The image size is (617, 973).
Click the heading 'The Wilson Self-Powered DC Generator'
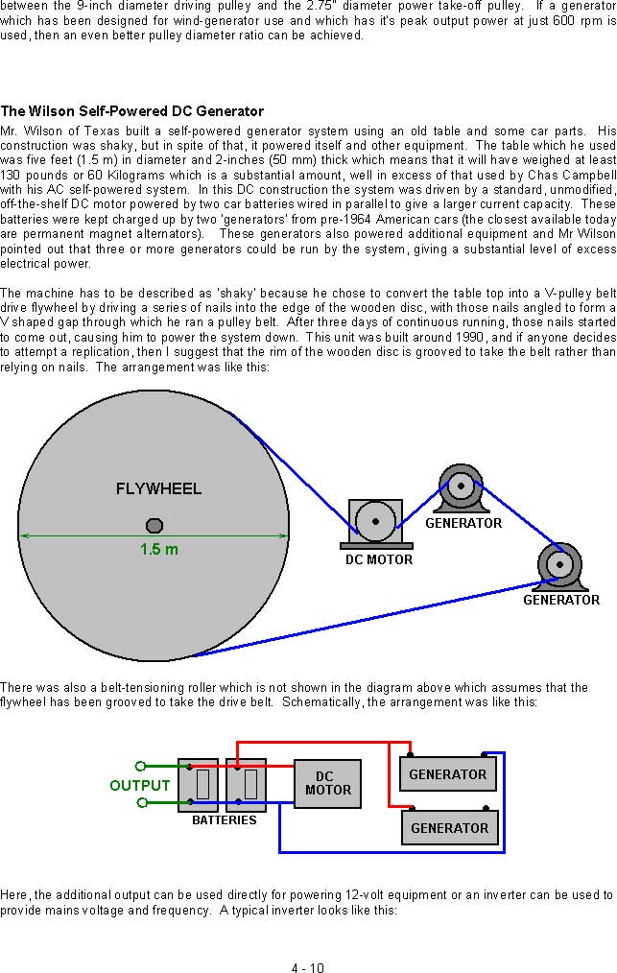(x=132, y=111)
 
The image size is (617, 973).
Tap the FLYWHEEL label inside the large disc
(x=159, y=489)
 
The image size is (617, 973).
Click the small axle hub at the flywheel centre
(x=154, y=526)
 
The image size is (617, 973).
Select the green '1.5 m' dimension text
(x=159, y=549)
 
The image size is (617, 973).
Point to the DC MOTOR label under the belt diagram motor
(x=379, y=559)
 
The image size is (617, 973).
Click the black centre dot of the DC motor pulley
(x=375, y=521)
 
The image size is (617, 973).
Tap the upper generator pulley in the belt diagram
(x=461, y=486)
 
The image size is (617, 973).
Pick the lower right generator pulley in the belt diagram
(x=559, y=564)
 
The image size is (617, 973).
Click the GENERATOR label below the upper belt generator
(x=463, y=523)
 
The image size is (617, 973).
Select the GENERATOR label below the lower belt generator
(x=561, y=600)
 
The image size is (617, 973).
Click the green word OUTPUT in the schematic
(x=140, y=786)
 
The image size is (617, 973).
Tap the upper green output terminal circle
(x=141, y=767)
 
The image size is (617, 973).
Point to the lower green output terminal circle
(x=141, y=803)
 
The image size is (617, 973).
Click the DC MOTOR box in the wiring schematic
(x=327, y=784)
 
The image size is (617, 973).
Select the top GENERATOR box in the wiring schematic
(x=447, y=773)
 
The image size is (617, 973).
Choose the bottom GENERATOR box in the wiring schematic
(x=449, y=827)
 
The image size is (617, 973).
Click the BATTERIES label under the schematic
(x=225, y=820)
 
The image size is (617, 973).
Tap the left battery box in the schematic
(x=198, y=785)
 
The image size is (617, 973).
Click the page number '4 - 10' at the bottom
(x=308, y=967)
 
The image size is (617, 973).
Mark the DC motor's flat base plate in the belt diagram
(x=377, y=546)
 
